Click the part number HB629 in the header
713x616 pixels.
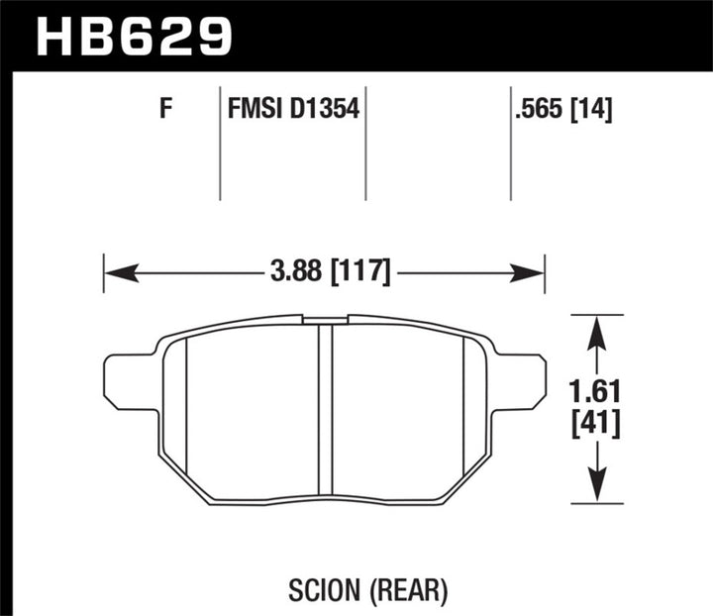click(134, 36)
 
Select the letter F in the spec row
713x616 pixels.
click(165, 110)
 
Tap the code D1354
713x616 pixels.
click(324, 110)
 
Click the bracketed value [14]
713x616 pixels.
click(592, 110)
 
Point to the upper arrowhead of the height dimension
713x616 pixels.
click(595, 328)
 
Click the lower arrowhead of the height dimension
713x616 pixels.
click(595, 490)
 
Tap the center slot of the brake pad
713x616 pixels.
click(325, 411)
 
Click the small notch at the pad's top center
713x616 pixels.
click(325, 320)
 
